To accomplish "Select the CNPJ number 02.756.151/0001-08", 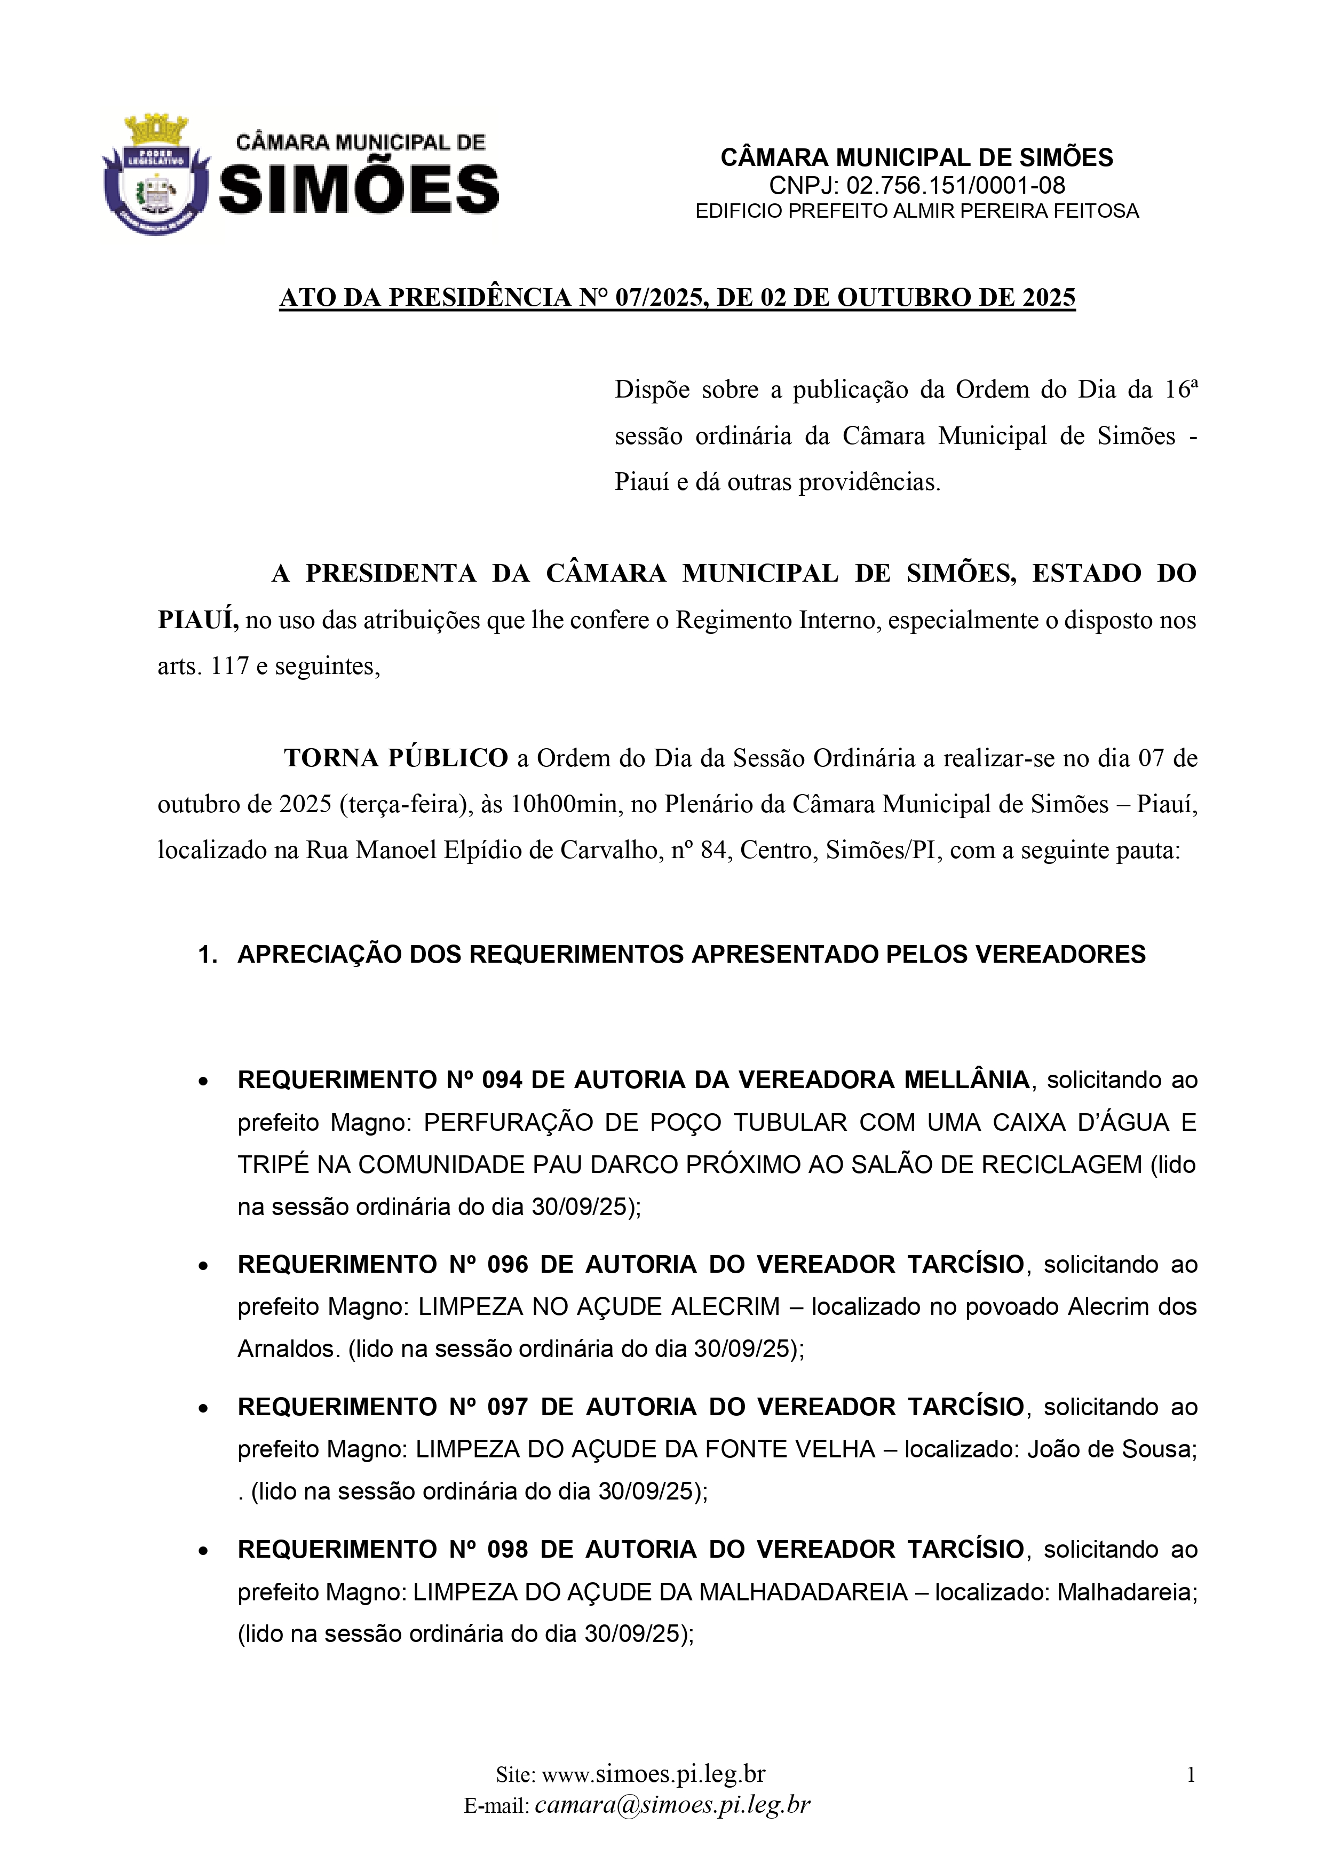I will [x=955, y=186].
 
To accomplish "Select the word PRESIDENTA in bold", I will [x=391, y=574].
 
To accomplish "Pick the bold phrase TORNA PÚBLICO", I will [x=395, y=758].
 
